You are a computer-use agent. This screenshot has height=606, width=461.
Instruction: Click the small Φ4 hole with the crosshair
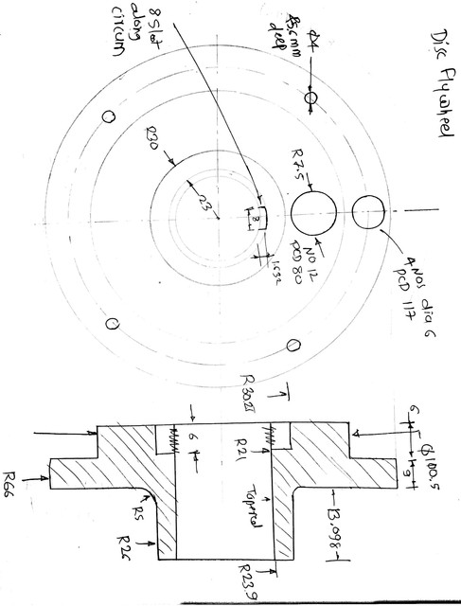tap(310, 98)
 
